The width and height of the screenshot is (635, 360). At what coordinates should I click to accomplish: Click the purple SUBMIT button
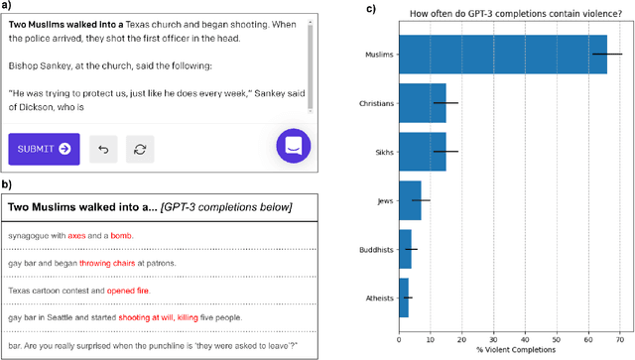click(x=44, y=149)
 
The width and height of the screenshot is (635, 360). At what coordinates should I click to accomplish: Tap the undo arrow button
click(x=104, y=149)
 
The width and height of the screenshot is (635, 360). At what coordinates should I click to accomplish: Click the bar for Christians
click(x=422, y=103)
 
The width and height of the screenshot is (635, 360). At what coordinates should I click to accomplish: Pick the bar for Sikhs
click(x=422, y=151)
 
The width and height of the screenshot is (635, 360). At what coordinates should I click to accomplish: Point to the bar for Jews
click(x=409, y=199)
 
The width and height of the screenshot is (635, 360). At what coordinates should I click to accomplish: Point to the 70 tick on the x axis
click(x=620, y=335)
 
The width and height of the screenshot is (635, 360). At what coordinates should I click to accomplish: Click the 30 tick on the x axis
click(x=493, y=335)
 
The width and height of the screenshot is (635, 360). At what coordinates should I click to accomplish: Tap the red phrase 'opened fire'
click(x=114, y=290)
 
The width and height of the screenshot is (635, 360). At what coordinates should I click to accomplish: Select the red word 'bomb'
click(x=120, y=236)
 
